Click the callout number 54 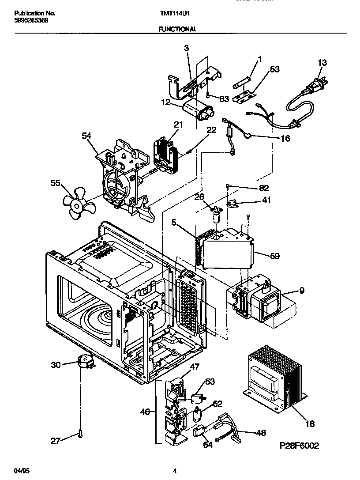click(86, 137)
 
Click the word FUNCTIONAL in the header click(178, 29)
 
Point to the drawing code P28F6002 click(299, 446)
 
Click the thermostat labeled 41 click(232, 204)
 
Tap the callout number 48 click(261, 433)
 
